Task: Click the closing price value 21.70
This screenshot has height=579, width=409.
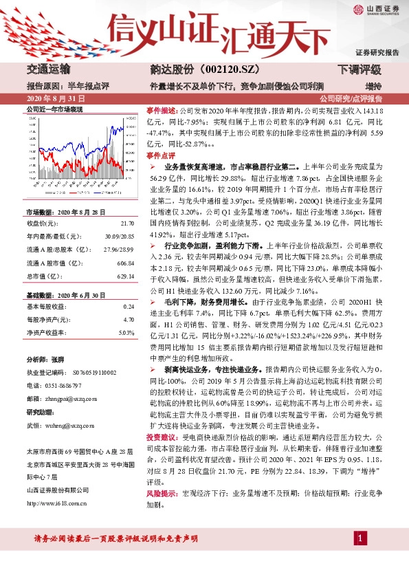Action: (x=127, y=223)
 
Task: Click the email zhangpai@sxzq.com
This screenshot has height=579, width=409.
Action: (x=76, y=397)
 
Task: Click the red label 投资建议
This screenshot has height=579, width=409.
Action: (x=162, y=437)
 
